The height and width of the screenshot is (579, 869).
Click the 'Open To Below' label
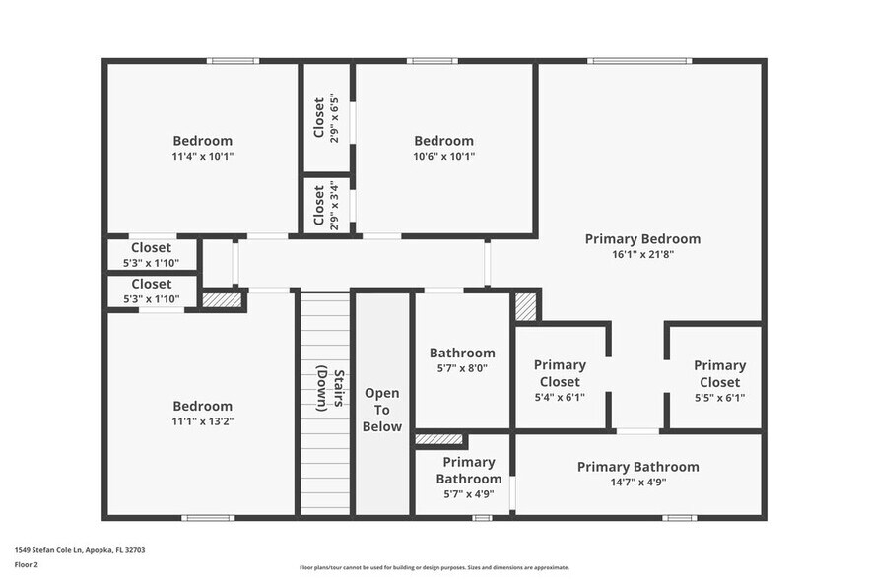coord(382,410)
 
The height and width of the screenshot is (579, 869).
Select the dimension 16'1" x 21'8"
coord(642,255)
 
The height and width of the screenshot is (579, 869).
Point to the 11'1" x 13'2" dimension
coord(202,421)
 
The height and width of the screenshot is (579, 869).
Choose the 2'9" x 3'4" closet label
coord(326,206)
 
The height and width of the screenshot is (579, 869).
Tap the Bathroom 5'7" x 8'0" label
coord(462,360)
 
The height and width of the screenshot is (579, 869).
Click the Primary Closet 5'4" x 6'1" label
coord(560,381)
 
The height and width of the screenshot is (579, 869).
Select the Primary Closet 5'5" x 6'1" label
coord(720,381)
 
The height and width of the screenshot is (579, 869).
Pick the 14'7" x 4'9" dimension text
coord(638,482)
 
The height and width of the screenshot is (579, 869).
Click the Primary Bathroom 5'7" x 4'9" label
coord(469,478)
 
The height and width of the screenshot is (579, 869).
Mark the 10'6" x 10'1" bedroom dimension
coord(444,157)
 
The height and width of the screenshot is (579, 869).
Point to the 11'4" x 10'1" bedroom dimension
coord(202,157)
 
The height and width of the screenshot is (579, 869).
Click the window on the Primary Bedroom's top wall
coord(639,61)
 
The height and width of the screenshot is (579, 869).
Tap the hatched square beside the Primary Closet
coord(526,306)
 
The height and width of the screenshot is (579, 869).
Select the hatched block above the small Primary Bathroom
coord(439,439)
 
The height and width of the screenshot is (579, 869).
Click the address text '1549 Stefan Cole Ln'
coord(49,550)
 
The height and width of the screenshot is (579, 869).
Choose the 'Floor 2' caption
coord(26,565)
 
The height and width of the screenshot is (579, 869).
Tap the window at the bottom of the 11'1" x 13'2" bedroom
coord(208,518)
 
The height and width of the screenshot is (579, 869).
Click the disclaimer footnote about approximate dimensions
coord(434,567)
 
